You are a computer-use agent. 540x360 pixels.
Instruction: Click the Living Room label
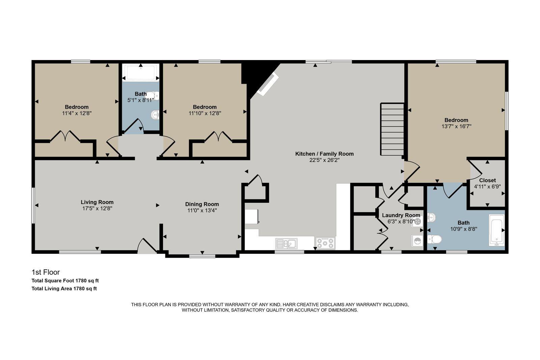[97, 202]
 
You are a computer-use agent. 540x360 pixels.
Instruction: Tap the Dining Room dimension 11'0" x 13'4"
[202, 211]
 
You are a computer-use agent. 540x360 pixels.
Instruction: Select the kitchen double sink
[286, 243]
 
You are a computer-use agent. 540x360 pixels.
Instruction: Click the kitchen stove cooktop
[325, 243]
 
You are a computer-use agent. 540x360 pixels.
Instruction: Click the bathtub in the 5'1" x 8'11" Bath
[141, 72]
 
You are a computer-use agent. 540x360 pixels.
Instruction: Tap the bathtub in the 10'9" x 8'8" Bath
[496, 230]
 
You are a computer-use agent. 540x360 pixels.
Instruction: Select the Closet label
[487, 180]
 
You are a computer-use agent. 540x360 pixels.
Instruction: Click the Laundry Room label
[401, 215]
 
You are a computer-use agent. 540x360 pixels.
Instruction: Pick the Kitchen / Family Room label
[324, 154]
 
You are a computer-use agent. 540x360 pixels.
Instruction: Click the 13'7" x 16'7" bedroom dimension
[456, 127]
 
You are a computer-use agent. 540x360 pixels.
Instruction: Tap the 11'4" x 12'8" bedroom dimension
[77, 113]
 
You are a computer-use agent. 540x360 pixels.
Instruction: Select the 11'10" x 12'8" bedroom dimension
[205, 113]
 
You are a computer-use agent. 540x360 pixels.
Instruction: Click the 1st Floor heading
[46, 272]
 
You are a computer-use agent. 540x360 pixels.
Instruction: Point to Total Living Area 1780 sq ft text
[64, 288]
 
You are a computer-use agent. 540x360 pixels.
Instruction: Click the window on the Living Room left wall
[33, 205]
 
